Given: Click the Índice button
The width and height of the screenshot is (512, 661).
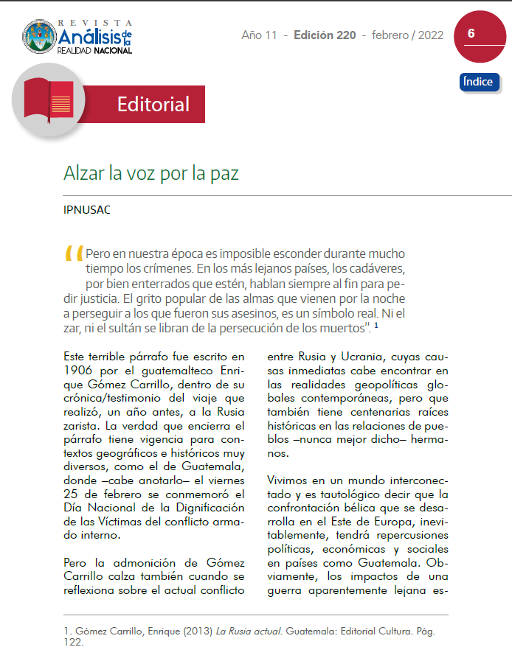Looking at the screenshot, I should point(479,82).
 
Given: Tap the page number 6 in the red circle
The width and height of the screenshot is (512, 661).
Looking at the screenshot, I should point(471,34).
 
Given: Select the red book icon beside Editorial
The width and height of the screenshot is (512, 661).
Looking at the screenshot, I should point(48,101).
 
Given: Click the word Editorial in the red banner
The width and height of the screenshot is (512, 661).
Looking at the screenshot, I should point(153,105).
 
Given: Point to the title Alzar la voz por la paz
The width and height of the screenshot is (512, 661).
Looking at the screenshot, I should point(151,174).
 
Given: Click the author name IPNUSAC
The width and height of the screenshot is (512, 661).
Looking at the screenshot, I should point(87,210).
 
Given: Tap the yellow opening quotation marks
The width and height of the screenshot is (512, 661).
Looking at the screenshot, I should point(75,253).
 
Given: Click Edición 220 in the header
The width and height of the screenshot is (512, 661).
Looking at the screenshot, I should point(325,35).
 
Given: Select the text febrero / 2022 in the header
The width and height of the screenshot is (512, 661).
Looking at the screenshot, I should point(408,35).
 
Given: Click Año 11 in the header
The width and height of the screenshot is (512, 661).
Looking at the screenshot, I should point(260,35).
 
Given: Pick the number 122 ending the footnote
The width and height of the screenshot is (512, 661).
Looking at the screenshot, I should point(74,643).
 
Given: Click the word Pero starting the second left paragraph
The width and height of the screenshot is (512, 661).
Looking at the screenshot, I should point(78,562).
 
